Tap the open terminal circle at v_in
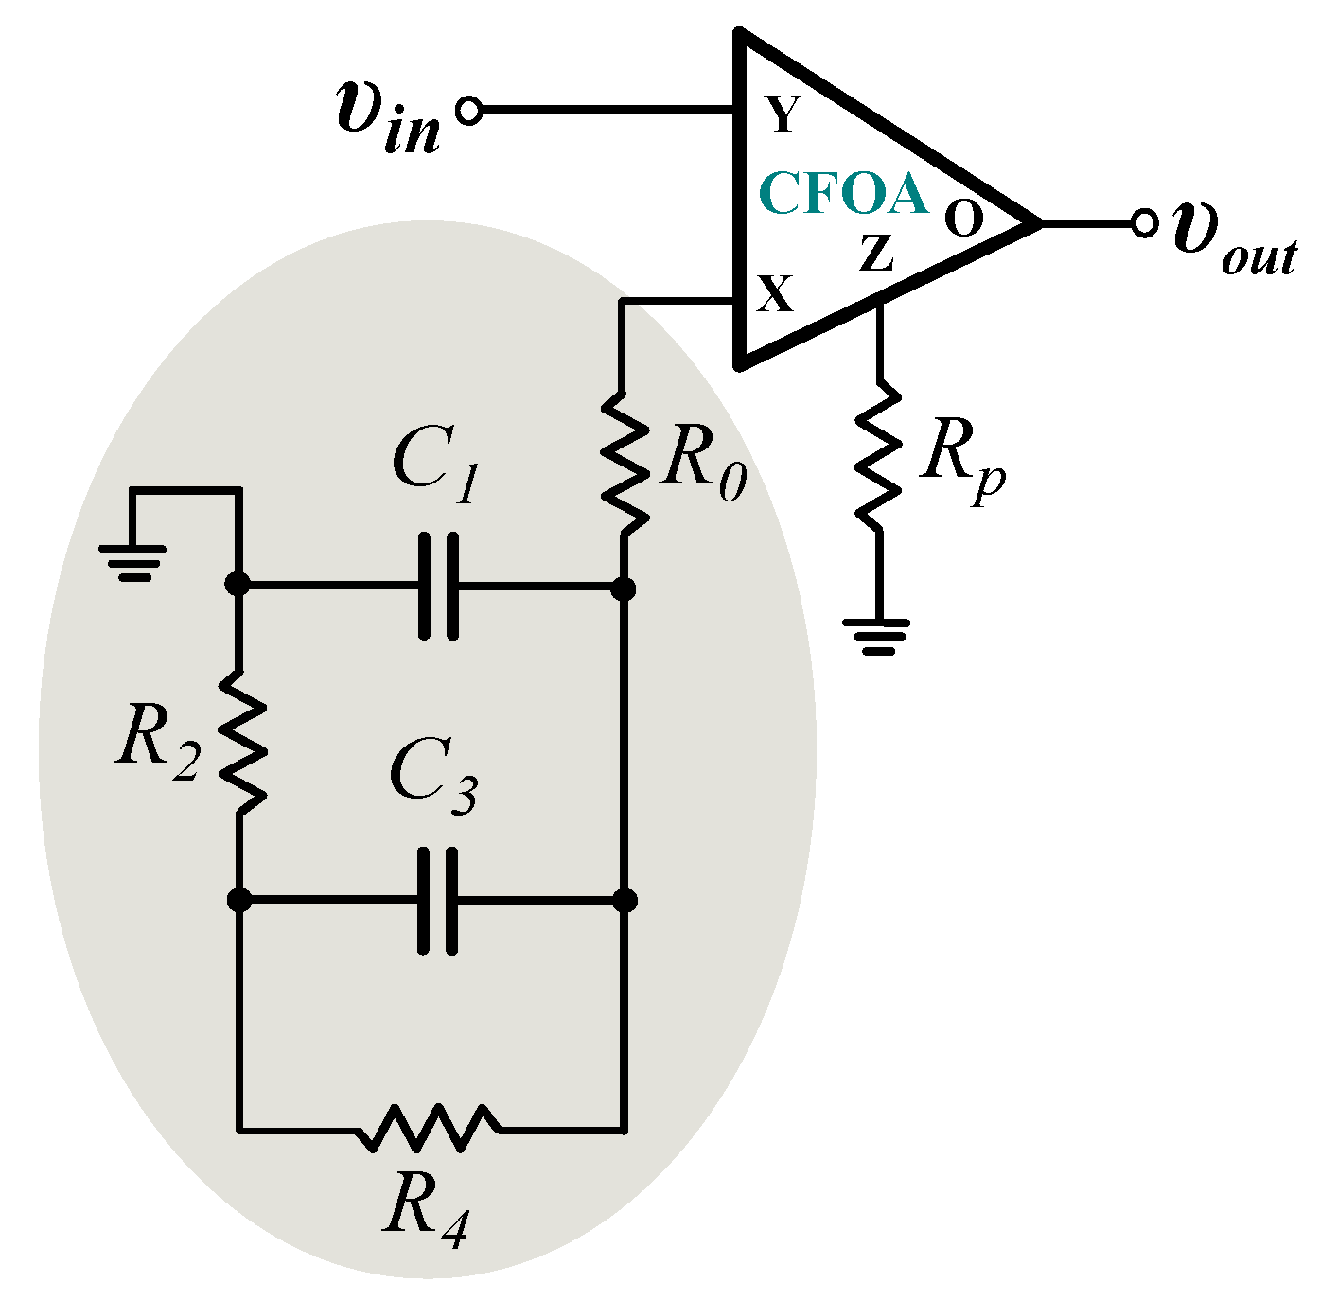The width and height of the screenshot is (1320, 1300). point(468,111)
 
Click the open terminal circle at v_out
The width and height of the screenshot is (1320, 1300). point(1145,224)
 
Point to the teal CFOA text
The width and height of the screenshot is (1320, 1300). point(842,194)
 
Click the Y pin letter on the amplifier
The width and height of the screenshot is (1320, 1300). point(783,114)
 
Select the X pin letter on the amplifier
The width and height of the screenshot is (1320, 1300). point(775,294)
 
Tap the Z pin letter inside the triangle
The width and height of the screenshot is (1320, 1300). point(876,254)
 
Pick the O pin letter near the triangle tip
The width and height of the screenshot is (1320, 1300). point(964,220)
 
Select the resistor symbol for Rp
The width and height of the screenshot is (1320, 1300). point(879,456)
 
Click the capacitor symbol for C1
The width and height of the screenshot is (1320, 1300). point(438,587)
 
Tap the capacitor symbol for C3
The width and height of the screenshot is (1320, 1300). point(438,900)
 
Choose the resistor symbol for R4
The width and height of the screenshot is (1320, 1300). point(431,1128)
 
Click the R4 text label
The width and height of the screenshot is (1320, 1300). point(425,1212)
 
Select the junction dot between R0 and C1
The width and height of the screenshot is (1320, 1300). point(623,589)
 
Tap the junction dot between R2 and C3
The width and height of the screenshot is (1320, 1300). point(240,899)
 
